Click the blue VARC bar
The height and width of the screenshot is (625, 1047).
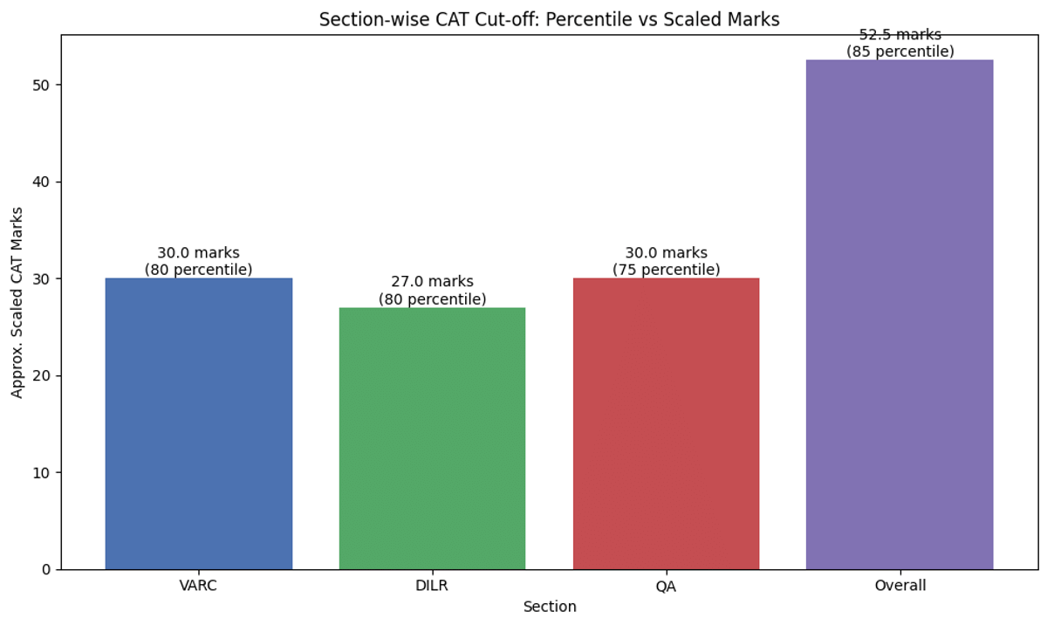click(198, 423)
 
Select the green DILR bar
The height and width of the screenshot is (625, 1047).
click(432, 438)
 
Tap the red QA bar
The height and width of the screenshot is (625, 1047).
click(666, 423)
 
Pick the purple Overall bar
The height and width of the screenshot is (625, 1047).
click(900, 314)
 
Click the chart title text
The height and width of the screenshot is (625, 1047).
click(549, 19)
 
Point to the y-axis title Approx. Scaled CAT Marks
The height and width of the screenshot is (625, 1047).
click(17, 302)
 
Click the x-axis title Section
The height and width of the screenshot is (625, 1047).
click(549, 607)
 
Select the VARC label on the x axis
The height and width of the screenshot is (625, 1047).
click(198, 586)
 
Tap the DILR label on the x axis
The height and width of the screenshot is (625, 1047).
click(432, 586)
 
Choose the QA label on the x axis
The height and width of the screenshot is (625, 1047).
click(666, 586)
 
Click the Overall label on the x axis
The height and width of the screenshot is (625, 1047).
click(900, 586)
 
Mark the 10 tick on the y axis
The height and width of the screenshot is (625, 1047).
click(40, 473)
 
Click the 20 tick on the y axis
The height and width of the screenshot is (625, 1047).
click(40, 376)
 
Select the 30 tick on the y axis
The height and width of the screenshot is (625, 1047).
click(40, 279)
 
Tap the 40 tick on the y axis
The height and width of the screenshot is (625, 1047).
click(40, 182)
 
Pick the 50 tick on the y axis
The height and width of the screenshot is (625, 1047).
click(40, 86)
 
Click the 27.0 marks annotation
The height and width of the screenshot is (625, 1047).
click(432, 282)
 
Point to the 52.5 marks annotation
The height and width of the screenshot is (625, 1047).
click(900, 35)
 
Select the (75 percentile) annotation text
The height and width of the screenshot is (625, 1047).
click(666, 270)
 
